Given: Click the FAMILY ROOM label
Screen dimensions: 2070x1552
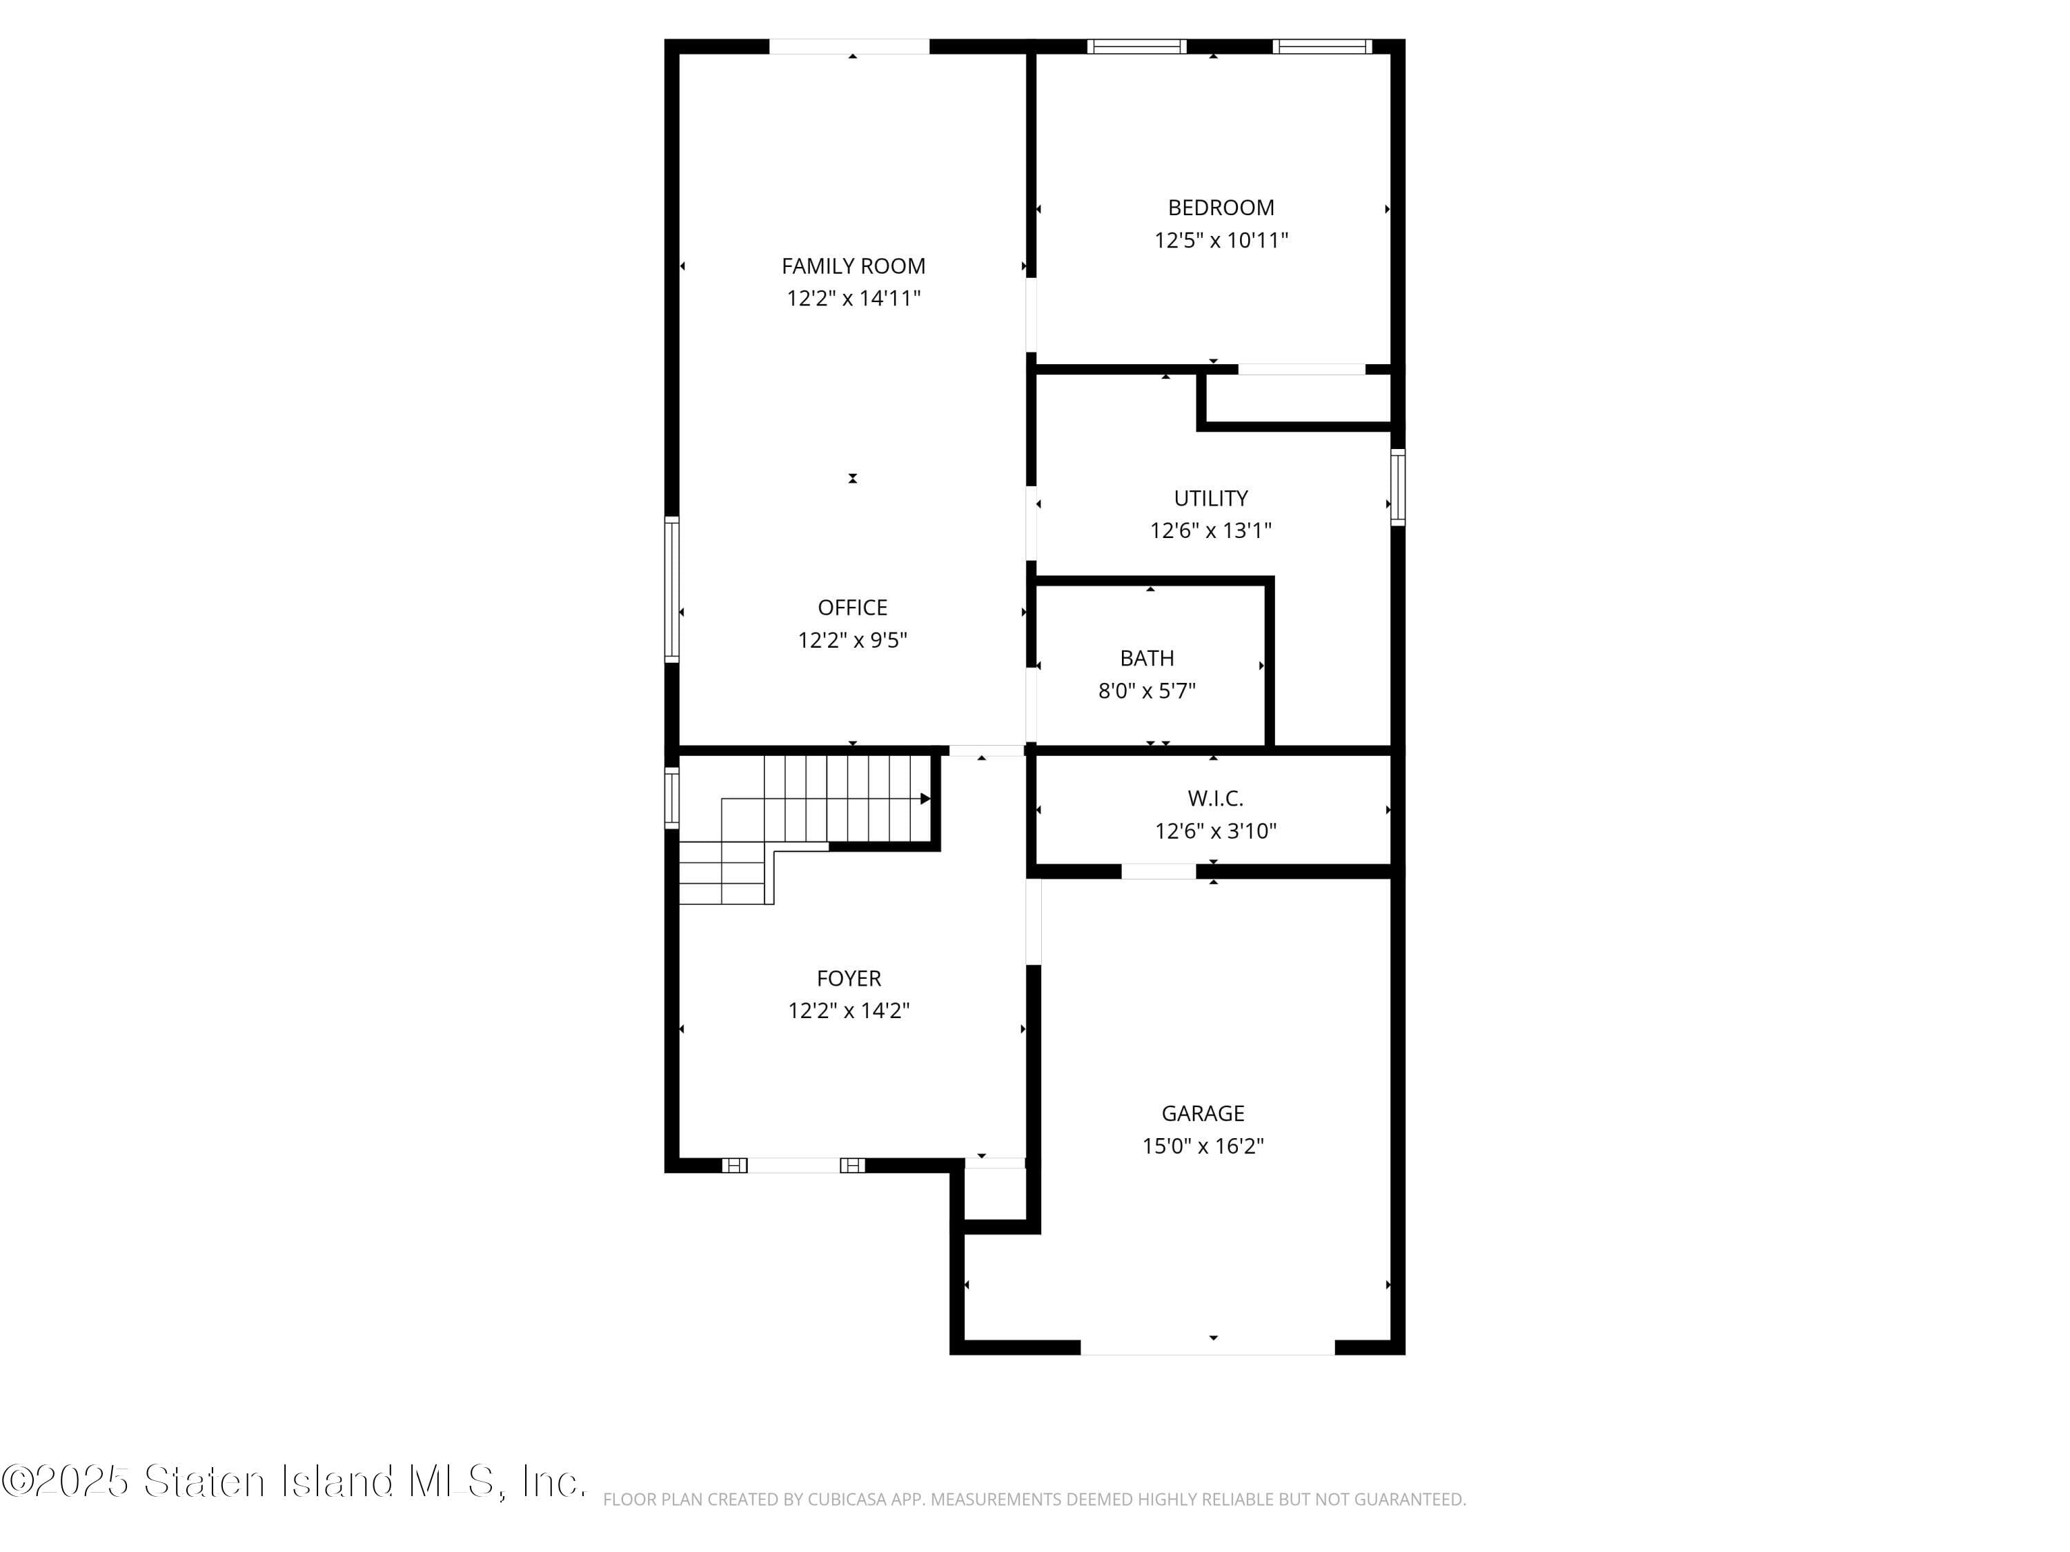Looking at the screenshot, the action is pyautogui.click(x=854, y=267).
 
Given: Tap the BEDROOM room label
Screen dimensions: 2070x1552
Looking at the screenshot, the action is pyautogui.click(x=1221, y=208).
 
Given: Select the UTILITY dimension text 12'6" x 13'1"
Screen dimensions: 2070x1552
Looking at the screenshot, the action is pyautogui.click(x=1211, y=530).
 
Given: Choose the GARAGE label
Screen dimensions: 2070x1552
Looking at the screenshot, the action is pyautogui.click(x=1203, y=1113).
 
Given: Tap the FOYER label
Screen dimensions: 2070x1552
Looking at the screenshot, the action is pyautogui.click(x=849, y=979).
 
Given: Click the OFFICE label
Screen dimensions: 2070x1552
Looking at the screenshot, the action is pyautogui.click(x=853, y=608).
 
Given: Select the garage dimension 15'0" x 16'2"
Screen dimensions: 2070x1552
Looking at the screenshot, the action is pyautogui.click(x=1203, y=1146).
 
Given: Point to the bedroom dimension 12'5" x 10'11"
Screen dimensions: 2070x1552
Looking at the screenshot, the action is pyautogui.click(x=1221, y=241).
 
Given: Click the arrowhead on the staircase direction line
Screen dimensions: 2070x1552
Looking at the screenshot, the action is pyautogui.click(x=925, y=799).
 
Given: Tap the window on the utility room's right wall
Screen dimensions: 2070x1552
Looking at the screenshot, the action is pyautogui.click(x=1397, y=488).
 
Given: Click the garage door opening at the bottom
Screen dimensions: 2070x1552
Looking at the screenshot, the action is pyautogui.click(x=1207, y=1348).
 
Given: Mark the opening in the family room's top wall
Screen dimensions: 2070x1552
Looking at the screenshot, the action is pyautogui.click(x=849, y=46).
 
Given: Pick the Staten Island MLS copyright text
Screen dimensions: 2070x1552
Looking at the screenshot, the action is pyautogui.click(x=294, y=1482).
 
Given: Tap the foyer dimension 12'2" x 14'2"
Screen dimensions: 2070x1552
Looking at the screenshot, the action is pyautogui.click(x=849, y=1011).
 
